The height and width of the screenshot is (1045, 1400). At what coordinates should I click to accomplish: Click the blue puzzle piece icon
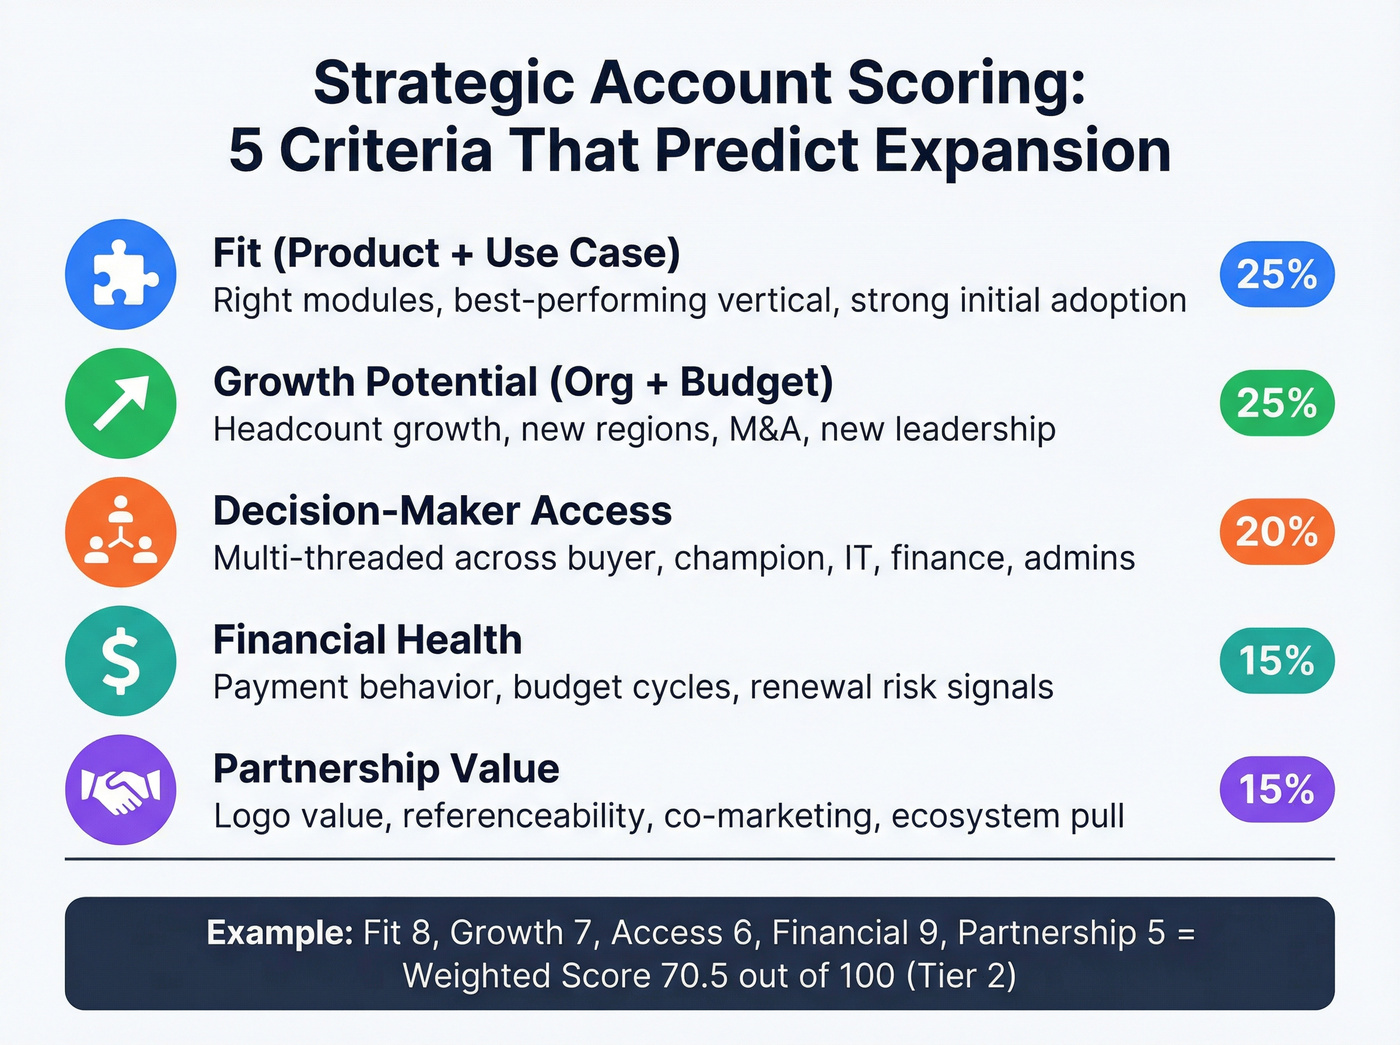point(121,274)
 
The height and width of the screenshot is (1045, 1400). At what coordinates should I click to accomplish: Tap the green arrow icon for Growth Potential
point(121,403)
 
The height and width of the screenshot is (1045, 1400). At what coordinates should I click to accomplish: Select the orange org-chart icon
point(121,532)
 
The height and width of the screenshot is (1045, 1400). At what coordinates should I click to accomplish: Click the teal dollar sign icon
point(121,661)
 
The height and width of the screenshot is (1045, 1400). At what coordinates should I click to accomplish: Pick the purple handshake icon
point(121,790)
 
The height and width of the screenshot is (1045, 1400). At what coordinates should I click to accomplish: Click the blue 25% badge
point(1277,274)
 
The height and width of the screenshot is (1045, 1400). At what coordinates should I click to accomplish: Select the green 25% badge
point(1277,403)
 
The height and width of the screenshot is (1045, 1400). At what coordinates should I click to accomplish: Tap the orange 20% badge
point(1277,532)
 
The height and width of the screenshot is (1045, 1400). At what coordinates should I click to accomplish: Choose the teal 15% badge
point(1277,661)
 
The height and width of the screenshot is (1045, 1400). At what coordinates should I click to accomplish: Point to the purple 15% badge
point(1277,790)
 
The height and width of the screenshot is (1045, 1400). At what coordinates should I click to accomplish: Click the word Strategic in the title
point(444,84)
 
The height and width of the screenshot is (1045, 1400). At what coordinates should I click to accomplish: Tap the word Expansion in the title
point(1022,152)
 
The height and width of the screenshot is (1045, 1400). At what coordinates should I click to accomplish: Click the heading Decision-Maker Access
point(442,511)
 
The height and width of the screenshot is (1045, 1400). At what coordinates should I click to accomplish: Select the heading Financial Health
point(367,640)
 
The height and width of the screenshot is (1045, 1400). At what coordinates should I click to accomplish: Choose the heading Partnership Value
point(386,769)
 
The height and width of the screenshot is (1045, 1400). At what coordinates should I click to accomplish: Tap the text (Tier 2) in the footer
point(961,975)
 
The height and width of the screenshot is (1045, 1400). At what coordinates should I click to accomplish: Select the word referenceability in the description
point(526,816)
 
